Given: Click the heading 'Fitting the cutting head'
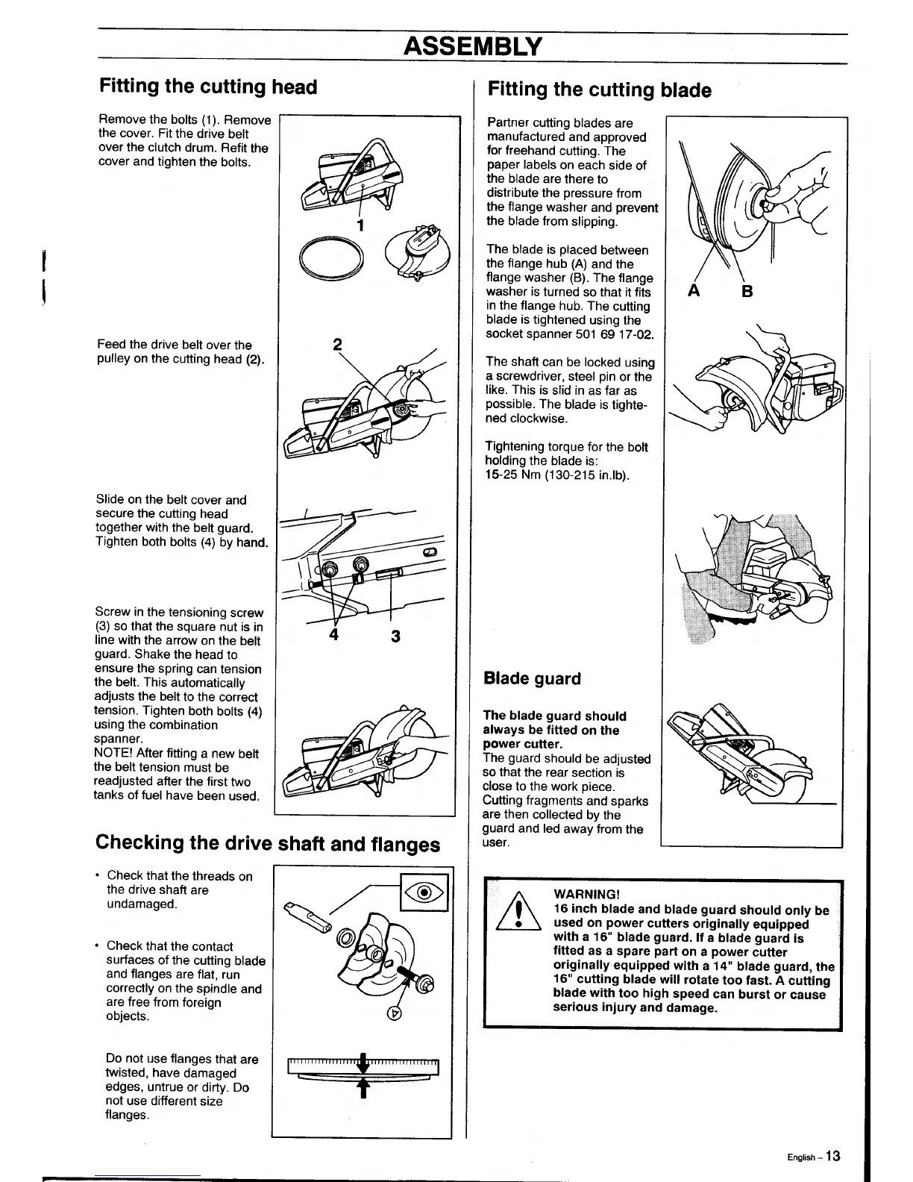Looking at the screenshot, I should click(x=208, y=87).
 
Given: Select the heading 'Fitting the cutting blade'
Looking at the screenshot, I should click(x=599, y=90).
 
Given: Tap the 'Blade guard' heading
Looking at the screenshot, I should click(x=532, y=679).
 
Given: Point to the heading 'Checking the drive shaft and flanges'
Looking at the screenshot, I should click(x=268, y=843).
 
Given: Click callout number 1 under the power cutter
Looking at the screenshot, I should click(x=360, y=225).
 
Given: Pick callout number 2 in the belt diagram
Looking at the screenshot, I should click(x=337, y=345).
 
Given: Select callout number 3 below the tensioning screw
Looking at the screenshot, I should click(x=395, y=637).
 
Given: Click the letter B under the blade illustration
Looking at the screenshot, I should click(x=747, y=292).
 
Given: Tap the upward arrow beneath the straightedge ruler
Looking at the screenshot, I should click(x=364, y=1089).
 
